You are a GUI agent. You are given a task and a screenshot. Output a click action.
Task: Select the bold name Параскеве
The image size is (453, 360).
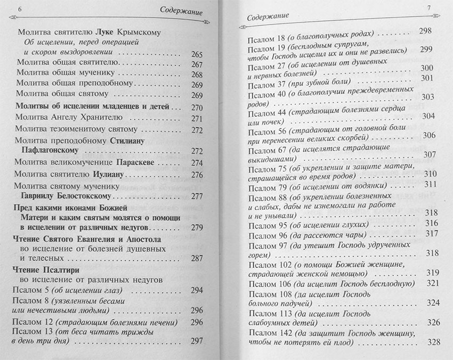[134, 162]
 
